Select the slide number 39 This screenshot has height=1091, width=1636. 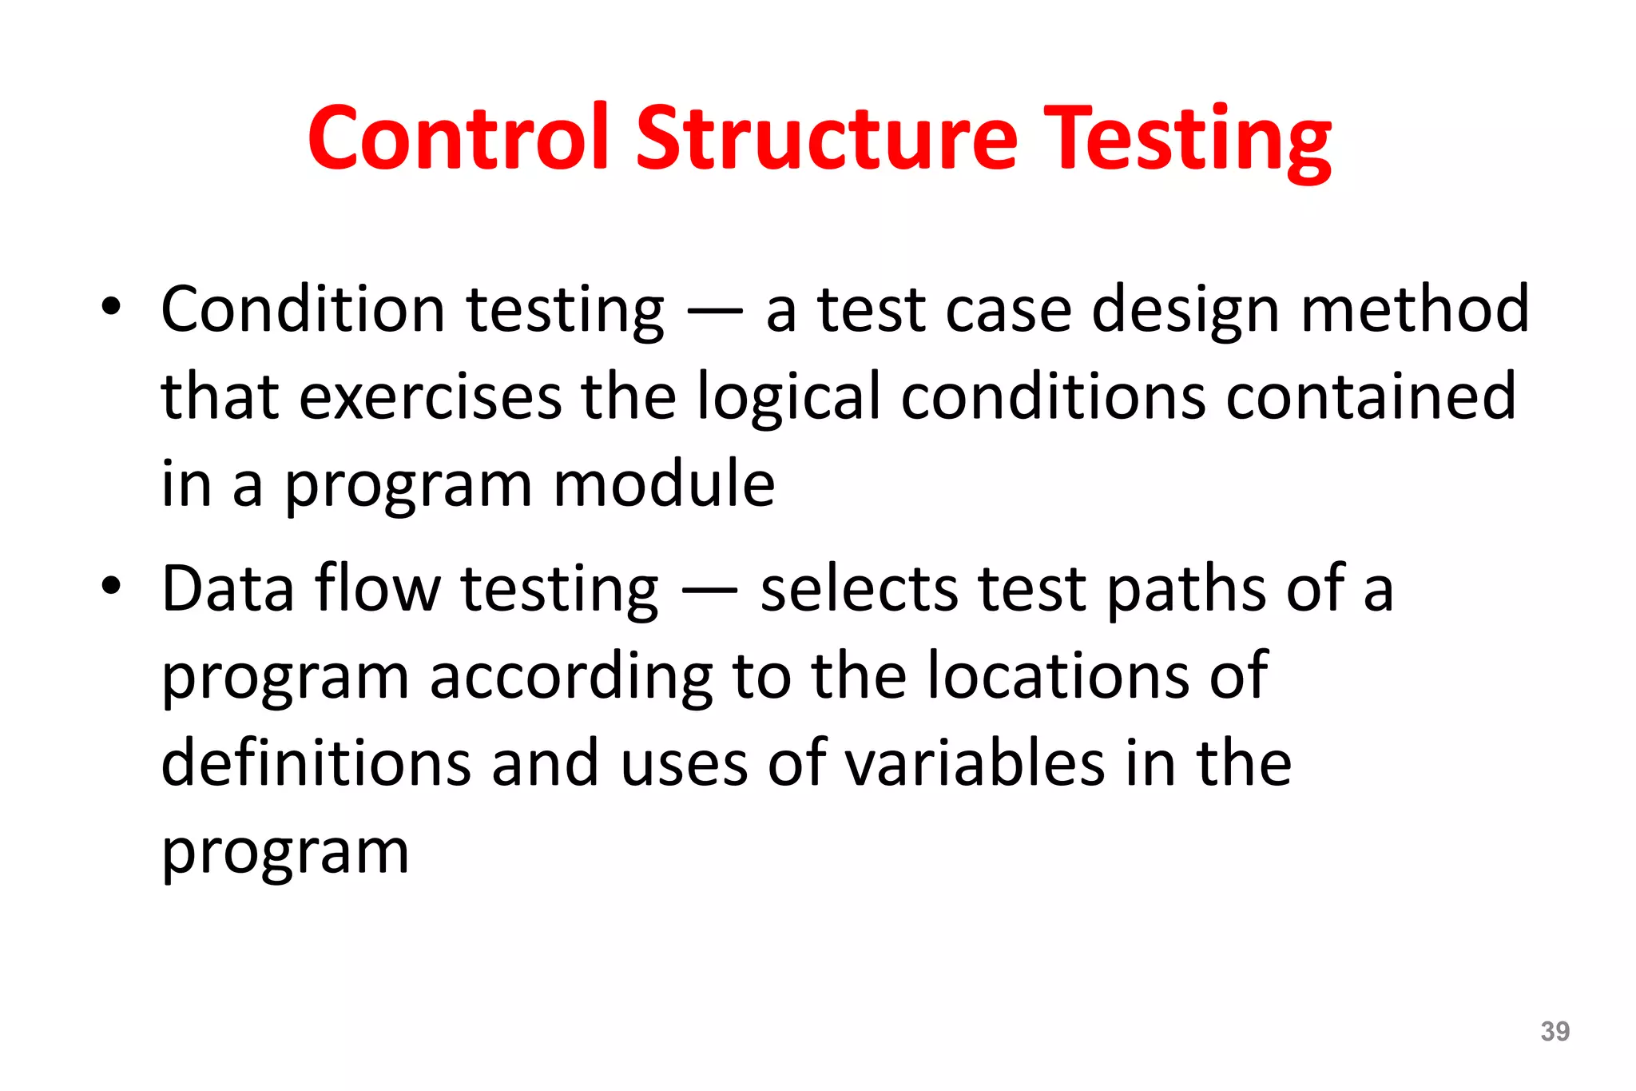[1555, 1031]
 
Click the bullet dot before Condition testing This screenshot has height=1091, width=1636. [111, 307]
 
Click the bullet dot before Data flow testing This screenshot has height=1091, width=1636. [111, 586]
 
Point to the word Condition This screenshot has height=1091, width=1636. [303, 309]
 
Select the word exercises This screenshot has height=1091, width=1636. [431, 396]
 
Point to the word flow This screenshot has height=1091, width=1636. [377, 589]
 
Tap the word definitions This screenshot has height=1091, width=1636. [316, 763]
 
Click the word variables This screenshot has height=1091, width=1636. [975, 763]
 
